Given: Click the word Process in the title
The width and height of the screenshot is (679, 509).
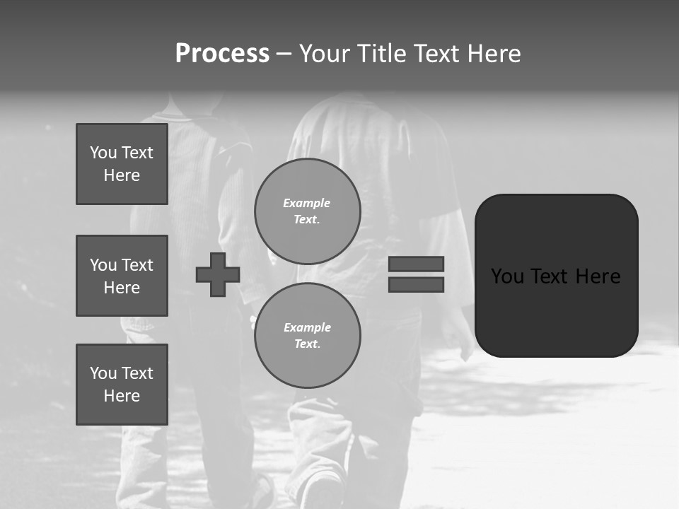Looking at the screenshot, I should pyautogui.click(x=222, y=54).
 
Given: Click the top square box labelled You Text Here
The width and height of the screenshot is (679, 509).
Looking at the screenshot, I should pyautogui.click(x=122, y=164).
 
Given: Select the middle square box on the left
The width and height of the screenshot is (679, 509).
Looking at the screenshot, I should pyautogui.click(x=122, y=276).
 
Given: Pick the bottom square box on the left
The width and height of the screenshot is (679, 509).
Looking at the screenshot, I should pyautogui.click(x=122, y=385).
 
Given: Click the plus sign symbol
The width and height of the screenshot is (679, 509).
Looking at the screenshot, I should pyautogui.click(x=218, y=274).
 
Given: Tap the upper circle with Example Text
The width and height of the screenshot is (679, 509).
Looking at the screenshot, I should pyautogui.click(x=307, y=211).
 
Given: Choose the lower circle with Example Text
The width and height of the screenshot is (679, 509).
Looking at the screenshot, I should pyautogui.click(x=307, y=336).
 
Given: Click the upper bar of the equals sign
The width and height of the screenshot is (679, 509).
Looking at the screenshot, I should pyautogui.click(x=416, y=264).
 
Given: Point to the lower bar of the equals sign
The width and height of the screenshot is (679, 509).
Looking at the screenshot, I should pyautogui.click(x=416, y=284).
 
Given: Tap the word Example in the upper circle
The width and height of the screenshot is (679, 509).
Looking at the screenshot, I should pyautogui.click(x=307, y=204).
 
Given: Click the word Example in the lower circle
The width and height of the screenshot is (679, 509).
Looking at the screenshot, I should pyautogui.click(x=307, y=328).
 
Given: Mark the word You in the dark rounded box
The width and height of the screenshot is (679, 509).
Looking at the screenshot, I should pyautogui.click(x=507, y=276).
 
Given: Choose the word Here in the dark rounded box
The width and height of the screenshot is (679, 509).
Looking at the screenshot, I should pyautogui.click(x=598, y=276).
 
